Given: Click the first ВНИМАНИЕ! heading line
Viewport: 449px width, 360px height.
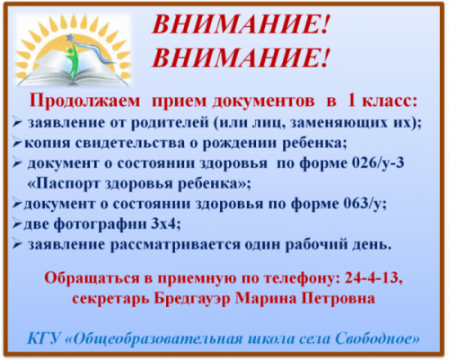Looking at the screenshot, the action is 241,24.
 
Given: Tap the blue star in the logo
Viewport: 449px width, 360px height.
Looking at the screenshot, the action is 70,38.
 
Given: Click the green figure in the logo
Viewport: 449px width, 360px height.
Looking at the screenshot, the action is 72,61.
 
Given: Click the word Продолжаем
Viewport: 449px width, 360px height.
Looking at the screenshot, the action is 84,101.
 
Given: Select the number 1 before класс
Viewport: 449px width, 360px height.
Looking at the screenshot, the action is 351,101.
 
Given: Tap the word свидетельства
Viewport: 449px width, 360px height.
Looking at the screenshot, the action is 130,144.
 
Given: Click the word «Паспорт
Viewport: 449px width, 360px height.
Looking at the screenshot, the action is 63,184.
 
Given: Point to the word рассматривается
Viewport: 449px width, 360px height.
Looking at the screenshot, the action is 175,245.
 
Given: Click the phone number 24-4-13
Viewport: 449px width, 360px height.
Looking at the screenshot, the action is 372,278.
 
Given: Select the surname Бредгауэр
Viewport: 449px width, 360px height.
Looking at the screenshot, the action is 192,298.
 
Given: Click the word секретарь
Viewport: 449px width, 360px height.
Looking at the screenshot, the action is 110,299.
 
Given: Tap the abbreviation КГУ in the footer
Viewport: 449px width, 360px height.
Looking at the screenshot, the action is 44,339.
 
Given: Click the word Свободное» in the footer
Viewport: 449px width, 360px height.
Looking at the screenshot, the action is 377,339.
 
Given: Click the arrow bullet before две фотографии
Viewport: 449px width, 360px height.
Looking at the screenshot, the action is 17,224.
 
